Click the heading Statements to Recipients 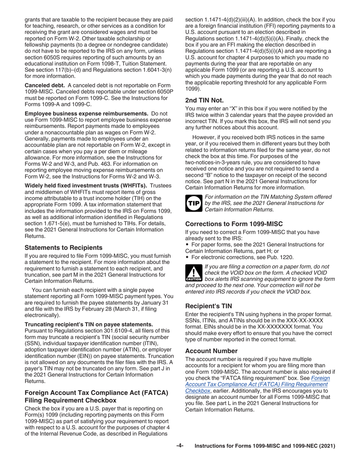click(x=63, y=247)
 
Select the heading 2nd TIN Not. click(x=204, y=100)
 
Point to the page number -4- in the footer click(x=180, y=446)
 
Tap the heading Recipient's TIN click(x=208, y=306)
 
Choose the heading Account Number click(x=211, y=351)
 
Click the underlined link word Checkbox click(x=197, y=390)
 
